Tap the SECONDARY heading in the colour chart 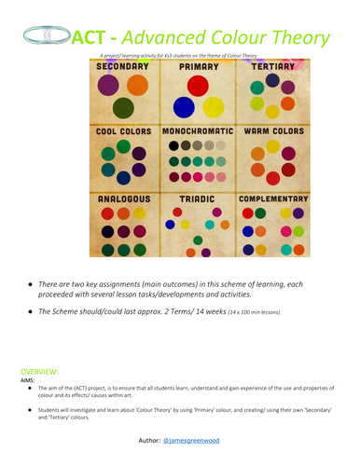124,67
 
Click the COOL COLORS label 124,131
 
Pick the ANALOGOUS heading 124,199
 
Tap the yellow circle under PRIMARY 214,107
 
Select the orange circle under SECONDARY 137,85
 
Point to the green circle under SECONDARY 124,108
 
